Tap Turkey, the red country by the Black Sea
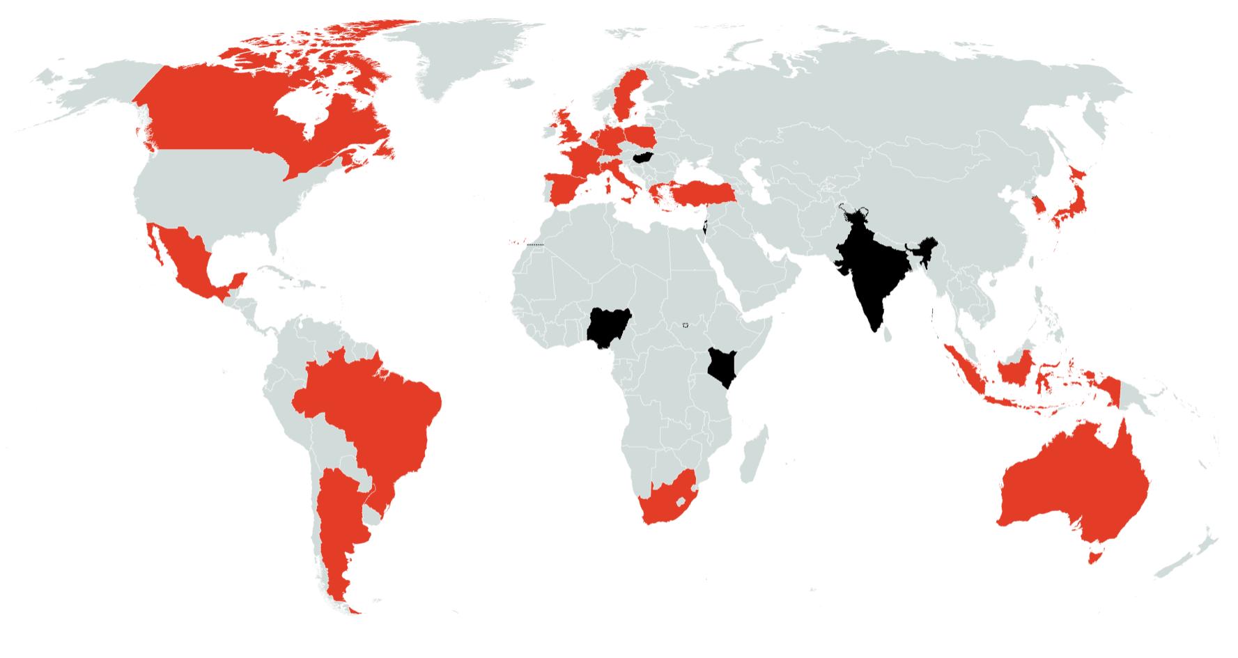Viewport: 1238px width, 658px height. (x=697, y=191)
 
